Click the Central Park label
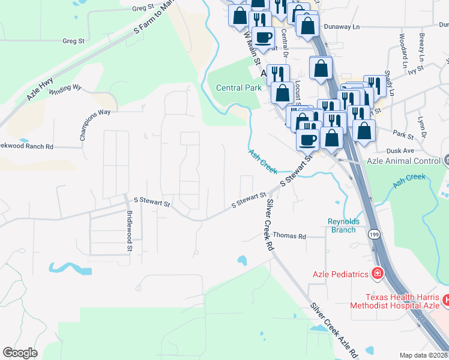pyautogui.click(x=238, y=88)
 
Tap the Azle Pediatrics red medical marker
pyautogui.click(x=377, y=274)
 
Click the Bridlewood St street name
pyautogui.click(x=129, y=227)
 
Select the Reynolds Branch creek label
pyautogui.click(x=343, y=226)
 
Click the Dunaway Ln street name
pyautogui.click(x=341, y=27)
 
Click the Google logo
pyautogui.click(x=20, y=352)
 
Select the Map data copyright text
pyautogui.click(x=424, y=355)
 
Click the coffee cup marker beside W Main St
pyautogui.click(x=262, y=37)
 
